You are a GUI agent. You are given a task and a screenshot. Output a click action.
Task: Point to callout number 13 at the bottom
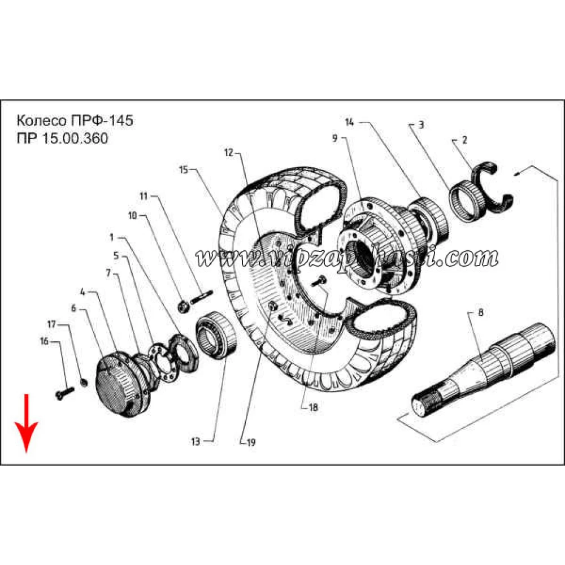tap(195, 442)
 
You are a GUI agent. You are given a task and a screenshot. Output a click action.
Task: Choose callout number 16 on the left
tap(44, 342)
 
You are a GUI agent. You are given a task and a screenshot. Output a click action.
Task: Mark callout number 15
tap(183, 169)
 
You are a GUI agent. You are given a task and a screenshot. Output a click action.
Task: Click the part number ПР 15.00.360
tap(62, 139)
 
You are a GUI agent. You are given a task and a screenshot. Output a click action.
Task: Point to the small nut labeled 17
tap(83, 383)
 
